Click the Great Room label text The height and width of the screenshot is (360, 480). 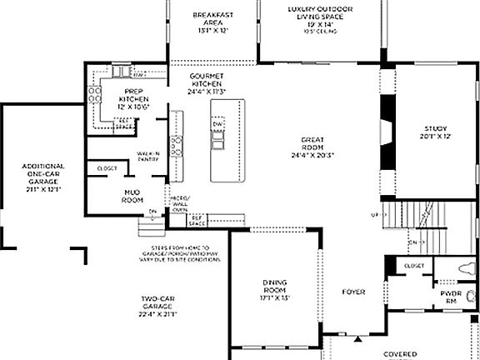[x=312, y=147]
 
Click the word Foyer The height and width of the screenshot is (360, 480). [x=354, y=292]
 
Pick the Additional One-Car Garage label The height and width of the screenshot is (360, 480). [x=42, y=177]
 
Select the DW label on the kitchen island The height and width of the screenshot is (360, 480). [x=217, y=123]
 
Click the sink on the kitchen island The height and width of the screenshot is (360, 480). [x=217, y=142]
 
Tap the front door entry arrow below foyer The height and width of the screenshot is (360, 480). [x=358, y=339]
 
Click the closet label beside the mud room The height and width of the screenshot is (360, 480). [x=107, y=168]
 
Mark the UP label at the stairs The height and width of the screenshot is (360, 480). [x=374, y=215]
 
